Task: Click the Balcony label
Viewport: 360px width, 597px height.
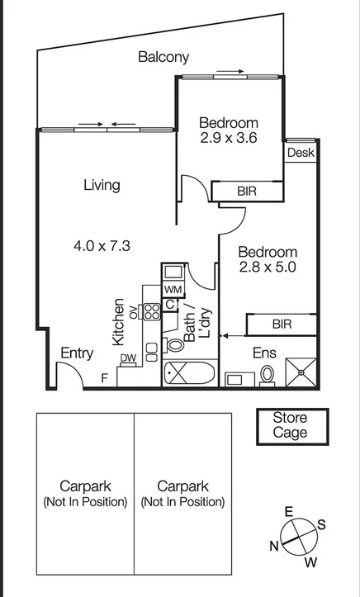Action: (x=163, y=57)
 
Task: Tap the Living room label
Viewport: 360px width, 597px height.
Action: (x=102, y=185)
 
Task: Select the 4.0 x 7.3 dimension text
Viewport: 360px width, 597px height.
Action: (x=102, y=245)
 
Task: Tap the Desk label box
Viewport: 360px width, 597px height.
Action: (x=301, y=153)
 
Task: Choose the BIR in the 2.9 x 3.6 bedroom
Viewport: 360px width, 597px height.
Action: (x=247, y=192)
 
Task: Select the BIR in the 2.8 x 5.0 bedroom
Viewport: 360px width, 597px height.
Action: (x=282, y=325)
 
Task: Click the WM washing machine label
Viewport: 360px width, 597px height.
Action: (x=173, y=290)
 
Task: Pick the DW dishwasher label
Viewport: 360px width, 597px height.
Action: (x=128, y=358)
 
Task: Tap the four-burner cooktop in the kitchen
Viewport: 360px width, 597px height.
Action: (x=152, y=312)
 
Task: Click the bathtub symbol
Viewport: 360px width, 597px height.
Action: (x=189, y=374)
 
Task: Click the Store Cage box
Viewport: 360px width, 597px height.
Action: (x=290, y=425)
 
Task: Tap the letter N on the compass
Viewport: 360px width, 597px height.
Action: (x=272, y=546)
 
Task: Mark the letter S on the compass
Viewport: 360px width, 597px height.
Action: (x=321, y=524)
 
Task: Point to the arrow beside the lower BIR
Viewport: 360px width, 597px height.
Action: (x=231, y=335)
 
